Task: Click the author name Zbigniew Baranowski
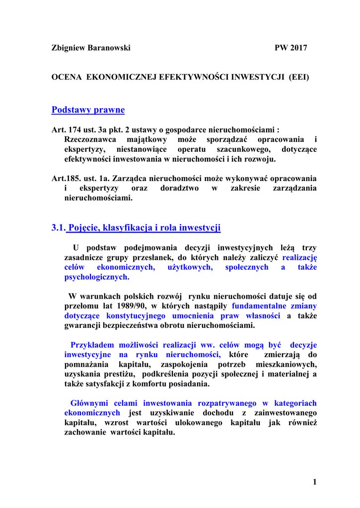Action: (91, 48)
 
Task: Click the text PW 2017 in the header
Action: (291, 48)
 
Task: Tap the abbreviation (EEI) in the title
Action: (299, 78)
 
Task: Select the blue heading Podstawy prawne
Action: (88, 110)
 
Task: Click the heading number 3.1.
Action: (58, 228)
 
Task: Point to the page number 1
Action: (314, 482)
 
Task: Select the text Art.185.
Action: (63, 178)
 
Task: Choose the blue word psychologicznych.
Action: (96, 277)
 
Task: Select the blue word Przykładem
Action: (93, 345)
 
